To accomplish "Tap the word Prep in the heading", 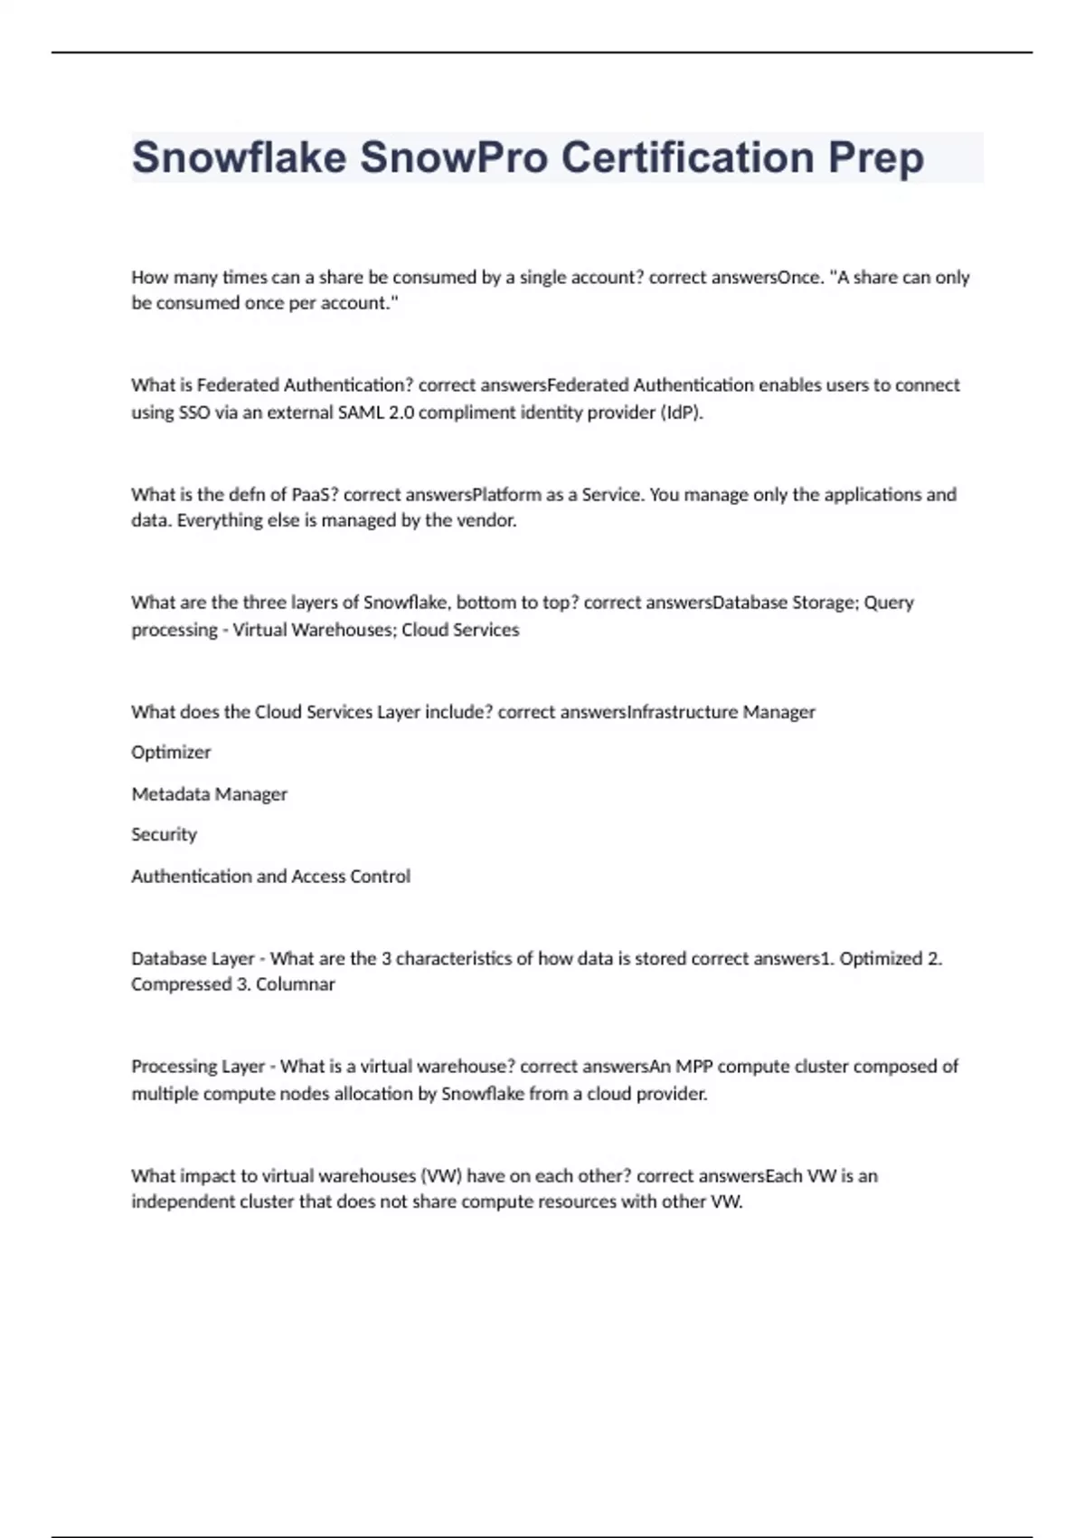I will (x=876, y=159).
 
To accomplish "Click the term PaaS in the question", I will (x=313, y=495).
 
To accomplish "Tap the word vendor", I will (x=488, y=521).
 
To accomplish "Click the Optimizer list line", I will (x=171, y=753).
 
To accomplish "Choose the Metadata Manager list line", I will (x=209, y=794).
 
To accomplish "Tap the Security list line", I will (x=164, y=834).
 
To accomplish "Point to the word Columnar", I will (x=295, y=984).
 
